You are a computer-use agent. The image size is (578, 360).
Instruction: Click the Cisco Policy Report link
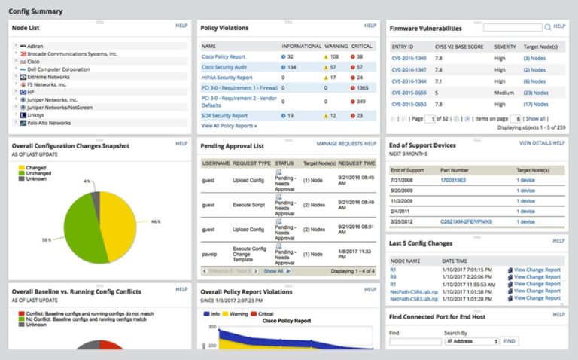coord(223,56)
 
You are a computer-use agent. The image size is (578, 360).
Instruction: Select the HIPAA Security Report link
coord(227,77)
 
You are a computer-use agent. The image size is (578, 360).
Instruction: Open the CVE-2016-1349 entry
coord(408,58)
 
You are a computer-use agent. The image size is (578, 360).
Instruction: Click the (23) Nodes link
coord(535,93)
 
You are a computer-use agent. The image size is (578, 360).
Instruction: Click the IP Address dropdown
coord(471,341)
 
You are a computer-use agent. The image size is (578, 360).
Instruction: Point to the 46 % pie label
coord(156,222)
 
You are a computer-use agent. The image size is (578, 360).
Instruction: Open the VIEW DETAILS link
coord(535,142)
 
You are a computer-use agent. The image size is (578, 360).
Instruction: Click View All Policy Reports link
coord(229,126)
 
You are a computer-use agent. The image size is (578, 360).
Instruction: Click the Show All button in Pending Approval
coord(276,270)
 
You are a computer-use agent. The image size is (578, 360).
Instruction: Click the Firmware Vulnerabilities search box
coord(513,28)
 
